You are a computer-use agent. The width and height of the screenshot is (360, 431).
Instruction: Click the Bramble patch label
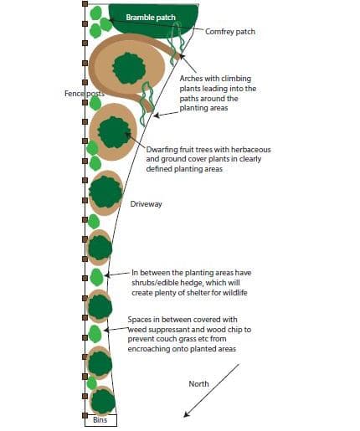[151, 18]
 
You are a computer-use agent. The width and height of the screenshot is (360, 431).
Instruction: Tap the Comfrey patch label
[230, 32]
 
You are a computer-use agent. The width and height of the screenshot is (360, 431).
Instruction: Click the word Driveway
[146, 204]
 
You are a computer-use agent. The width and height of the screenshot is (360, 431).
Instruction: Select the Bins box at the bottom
[100, 420]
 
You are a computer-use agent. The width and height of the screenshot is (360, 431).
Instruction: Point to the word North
[198, 384]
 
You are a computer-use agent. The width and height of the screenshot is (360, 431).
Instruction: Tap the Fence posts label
[85, 94]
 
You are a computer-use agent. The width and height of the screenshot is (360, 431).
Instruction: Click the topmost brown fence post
[85, 3]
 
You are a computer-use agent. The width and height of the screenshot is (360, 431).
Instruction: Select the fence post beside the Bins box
[85, 416]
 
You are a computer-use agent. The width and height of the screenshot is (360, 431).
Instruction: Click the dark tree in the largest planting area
[129, 69]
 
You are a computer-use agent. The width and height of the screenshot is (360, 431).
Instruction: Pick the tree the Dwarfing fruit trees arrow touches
[114, 132]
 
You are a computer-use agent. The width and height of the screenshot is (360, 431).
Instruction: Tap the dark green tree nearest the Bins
[103, 402]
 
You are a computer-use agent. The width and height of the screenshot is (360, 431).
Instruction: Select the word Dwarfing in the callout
[162, 150]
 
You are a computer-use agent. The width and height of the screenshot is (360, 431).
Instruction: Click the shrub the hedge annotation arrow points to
[96, 277]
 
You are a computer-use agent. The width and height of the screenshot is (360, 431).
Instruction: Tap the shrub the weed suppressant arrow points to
[95, 334]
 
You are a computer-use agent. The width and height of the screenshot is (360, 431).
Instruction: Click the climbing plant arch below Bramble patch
[176, 44]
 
